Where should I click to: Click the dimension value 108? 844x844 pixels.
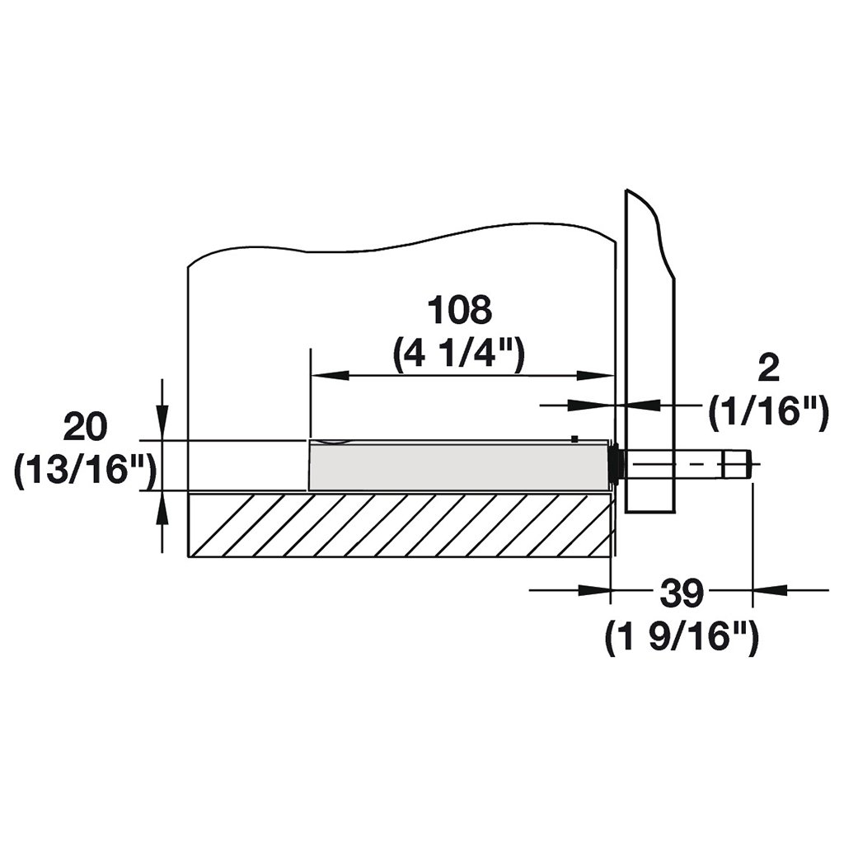459,312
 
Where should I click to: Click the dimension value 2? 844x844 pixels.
767,368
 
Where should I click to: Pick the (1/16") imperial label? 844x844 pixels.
768,412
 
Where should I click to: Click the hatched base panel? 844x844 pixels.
400,525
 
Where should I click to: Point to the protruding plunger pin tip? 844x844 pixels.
738,463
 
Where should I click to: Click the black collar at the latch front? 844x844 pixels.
615,464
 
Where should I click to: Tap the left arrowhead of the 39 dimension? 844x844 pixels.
597,590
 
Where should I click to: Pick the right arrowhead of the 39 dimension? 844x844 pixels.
767,590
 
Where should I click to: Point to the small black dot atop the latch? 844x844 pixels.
574,438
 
